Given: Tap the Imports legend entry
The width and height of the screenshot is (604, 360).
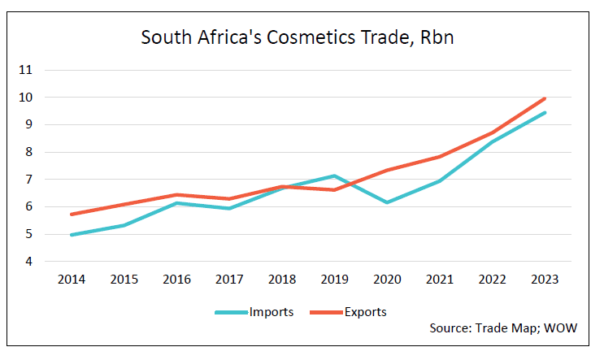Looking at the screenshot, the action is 254,312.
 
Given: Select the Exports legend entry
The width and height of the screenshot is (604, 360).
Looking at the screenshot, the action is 348,312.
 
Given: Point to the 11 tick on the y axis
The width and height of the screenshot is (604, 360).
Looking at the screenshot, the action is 25,70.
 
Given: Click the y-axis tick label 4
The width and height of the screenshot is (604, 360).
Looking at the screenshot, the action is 29,262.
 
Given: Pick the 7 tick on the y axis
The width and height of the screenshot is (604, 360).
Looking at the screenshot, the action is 29,180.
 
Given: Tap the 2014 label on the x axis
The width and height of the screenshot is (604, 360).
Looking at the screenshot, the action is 72,280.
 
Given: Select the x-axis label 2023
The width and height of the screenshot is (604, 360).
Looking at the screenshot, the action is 545,280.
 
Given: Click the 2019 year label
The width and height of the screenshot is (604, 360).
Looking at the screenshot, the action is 334,280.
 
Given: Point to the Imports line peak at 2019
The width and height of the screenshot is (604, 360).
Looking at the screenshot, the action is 334,176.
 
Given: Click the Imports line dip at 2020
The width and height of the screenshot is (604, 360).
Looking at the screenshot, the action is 387,202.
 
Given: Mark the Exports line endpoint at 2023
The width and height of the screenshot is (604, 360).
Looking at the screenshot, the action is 545,98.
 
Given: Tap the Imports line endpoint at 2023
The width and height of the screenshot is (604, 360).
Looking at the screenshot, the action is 545,113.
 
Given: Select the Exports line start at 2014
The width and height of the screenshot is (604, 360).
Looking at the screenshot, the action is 72,214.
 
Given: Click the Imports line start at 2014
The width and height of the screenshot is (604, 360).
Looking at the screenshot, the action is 72,235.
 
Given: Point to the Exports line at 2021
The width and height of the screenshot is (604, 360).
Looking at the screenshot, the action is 440,157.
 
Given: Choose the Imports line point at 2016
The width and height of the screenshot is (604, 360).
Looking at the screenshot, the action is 176,203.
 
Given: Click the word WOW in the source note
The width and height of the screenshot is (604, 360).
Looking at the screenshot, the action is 560,328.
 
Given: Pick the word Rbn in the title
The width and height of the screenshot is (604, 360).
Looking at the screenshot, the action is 437,37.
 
